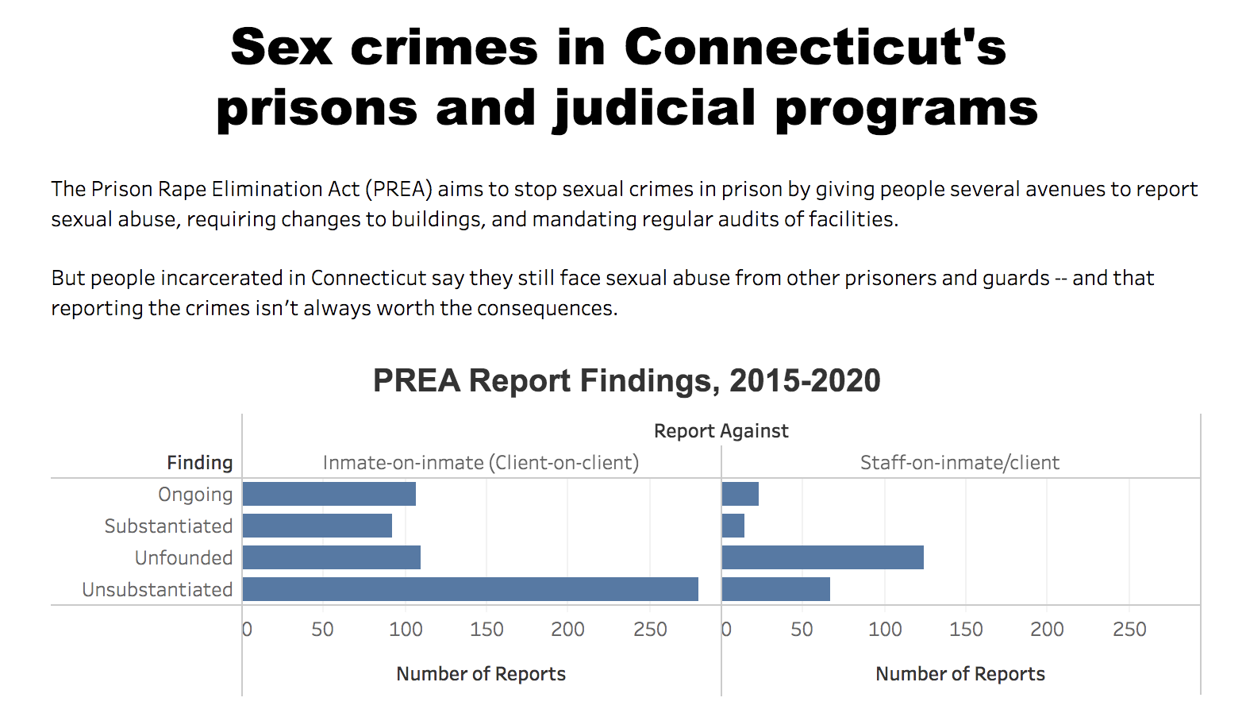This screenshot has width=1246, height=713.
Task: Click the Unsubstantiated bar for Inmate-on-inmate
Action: [x=470, y=589]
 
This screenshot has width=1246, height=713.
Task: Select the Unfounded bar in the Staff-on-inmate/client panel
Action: [x=822, y=557]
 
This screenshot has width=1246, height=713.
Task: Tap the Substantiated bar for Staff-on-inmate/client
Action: [x=733, y=526]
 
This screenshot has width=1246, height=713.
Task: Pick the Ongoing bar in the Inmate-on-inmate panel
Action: [x=329, y=494]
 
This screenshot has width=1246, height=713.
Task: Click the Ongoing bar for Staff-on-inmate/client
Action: [x=740, y=494]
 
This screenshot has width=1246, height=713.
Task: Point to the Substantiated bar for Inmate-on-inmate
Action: [x=317, y=526]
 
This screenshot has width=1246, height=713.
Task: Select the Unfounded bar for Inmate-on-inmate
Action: [x=331, y=557]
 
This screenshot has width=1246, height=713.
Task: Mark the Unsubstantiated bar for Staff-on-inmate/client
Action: [x=775, y=589]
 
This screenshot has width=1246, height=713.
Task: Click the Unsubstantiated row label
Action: [x=157, y=590]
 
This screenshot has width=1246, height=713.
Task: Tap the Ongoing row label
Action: [x=195, y=495]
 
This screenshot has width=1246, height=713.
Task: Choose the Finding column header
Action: [x=200, y=463]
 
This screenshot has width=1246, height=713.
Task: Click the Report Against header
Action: [x=721, y=431]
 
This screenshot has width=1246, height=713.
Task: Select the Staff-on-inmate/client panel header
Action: [x=959, y=463]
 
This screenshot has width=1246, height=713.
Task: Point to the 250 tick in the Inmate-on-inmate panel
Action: [x=650, y=630]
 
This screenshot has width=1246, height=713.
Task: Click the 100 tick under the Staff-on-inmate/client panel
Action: [x=885, y=630]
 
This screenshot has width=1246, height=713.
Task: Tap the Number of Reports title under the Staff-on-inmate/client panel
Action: [x=959, y=674]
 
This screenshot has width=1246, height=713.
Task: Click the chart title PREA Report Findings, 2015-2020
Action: [x=626, y=381]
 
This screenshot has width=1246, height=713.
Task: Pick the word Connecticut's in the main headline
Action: [x=815, y=48]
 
